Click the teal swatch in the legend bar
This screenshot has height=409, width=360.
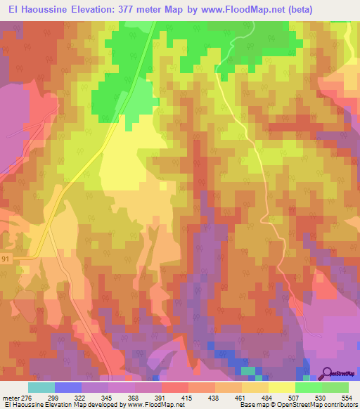41,388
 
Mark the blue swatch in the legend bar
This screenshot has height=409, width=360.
67,388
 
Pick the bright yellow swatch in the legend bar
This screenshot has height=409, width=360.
281,388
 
